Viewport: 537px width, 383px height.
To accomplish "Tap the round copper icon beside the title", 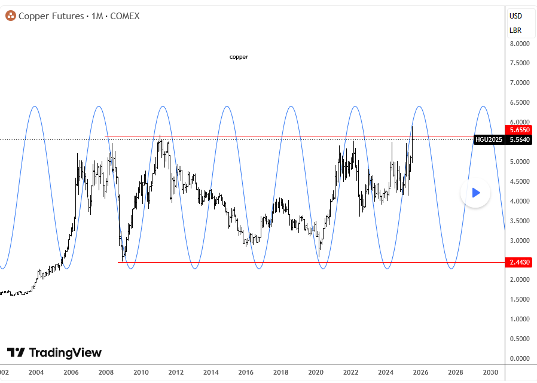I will pos(10,16).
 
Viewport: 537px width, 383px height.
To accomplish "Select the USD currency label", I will pos(515,16).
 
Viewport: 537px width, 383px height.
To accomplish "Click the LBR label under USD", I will pos(515,30).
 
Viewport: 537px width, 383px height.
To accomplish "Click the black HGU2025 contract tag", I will pos(489,139).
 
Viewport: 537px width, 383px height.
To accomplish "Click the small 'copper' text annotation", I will pos(239,57).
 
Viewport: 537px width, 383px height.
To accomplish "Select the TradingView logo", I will pos(54,352).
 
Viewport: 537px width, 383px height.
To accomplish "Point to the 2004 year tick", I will pos(36,372).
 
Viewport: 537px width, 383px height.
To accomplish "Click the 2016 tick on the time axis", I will pos(246,372).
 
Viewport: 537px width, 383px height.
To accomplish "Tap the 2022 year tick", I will pos(350,372).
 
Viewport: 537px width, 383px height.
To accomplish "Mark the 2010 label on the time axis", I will pos(141,372).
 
